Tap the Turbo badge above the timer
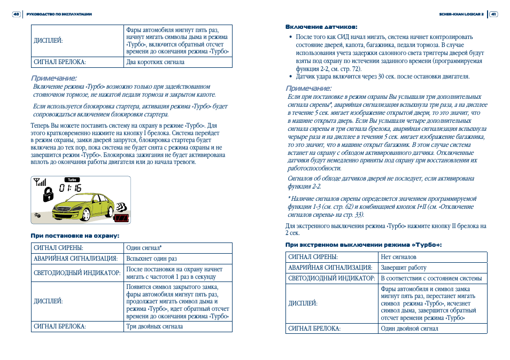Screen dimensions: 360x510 [72, 179]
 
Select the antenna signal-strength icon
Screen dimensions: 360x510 [40, 182]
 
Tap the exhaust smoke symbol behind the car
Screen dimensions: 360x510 [122, 206]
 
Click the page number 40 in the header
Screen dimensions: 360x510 [16, 14]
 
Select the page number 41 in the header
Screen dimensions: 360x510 [494, 14]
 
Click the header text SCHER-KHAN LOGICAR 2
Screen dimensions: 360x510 [461, 14]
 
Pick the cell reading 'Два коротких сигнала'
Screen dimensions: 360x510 [155, 62]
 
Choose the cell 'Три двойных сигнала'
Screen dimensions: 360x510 [154, 326]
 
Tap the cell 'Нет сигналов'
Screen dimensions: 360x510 [398, 257]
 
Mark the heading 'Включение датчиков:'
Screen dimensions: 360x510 [321, 27]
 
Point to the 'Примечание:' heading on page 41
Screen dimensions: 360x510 [308, 88]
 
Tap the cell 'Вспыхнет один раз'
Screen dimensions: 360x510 [152, 259]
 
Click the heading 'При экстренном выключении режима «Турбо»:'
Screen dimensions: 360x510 [364, 245]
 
